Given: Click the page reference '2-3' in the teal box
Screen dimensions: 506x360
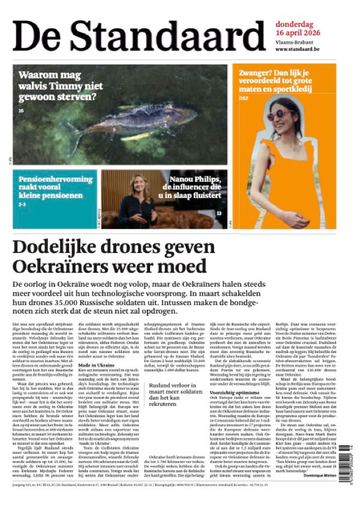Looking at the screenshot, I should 22,204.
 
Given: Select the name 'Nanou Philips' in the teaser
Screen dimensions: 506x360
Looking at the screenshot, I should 195,178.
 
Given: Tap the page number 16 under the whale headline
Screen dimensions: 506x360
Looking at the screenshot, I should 21,110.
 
